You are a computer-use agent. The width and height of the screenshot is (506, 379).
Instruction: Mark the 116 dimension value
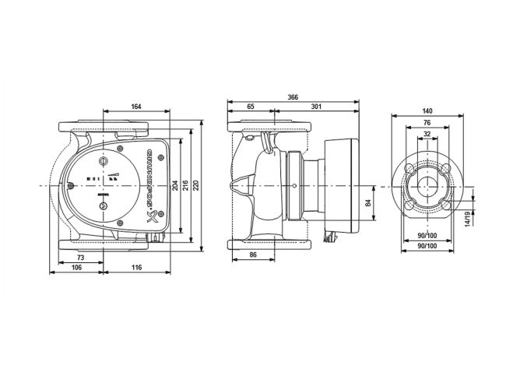click(138, 268)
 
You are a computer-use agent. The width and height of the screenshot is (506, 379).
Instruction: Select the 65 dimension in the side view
click(250, 107)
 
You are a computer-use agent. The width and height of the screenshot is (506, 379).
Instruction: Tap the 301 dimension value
click(316, 107)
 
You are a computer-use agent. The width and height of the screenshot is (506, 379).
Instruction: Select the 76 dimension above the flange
click(427, 122)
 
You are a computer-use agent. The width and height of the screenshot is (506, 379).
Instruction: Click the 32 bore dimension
click(427, 133)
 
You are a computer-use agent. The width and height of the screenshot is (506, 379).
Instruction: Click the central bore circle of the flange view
click(427, 187)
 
